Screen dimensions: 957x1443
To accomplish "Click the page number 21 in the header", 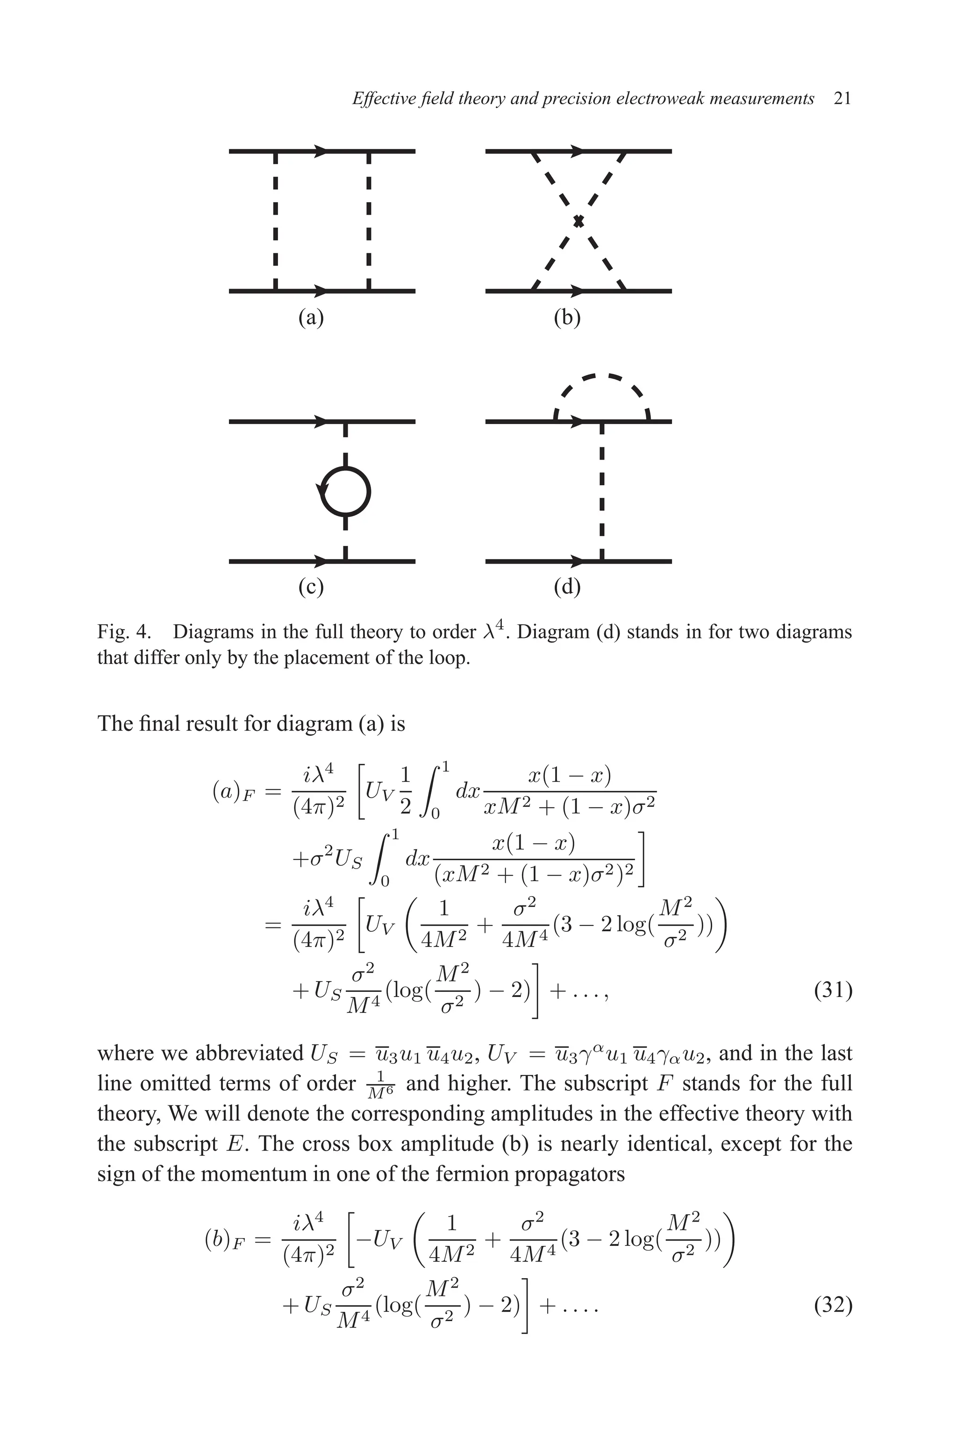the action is pos(842,99).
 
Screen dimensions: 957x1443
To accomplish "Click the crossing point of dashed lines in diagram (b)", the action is pos(578,221).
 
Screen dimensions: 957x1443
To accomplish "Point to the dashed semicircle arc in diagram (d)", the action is pos(602,381).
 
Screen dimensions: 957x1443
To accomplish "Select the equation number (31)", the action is pos(833,990).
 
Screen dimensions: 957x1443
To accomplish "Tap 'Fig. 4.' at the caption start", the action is pos(124,632).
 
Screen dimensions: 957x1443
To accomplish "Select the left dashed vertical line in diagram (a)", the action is pos(276,221).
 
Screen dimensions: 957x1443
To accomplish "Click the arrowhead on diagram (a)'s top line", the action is pos(321,151).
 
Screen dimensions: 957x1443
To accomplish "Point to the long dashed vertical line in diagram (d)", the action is pos(602,492).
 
